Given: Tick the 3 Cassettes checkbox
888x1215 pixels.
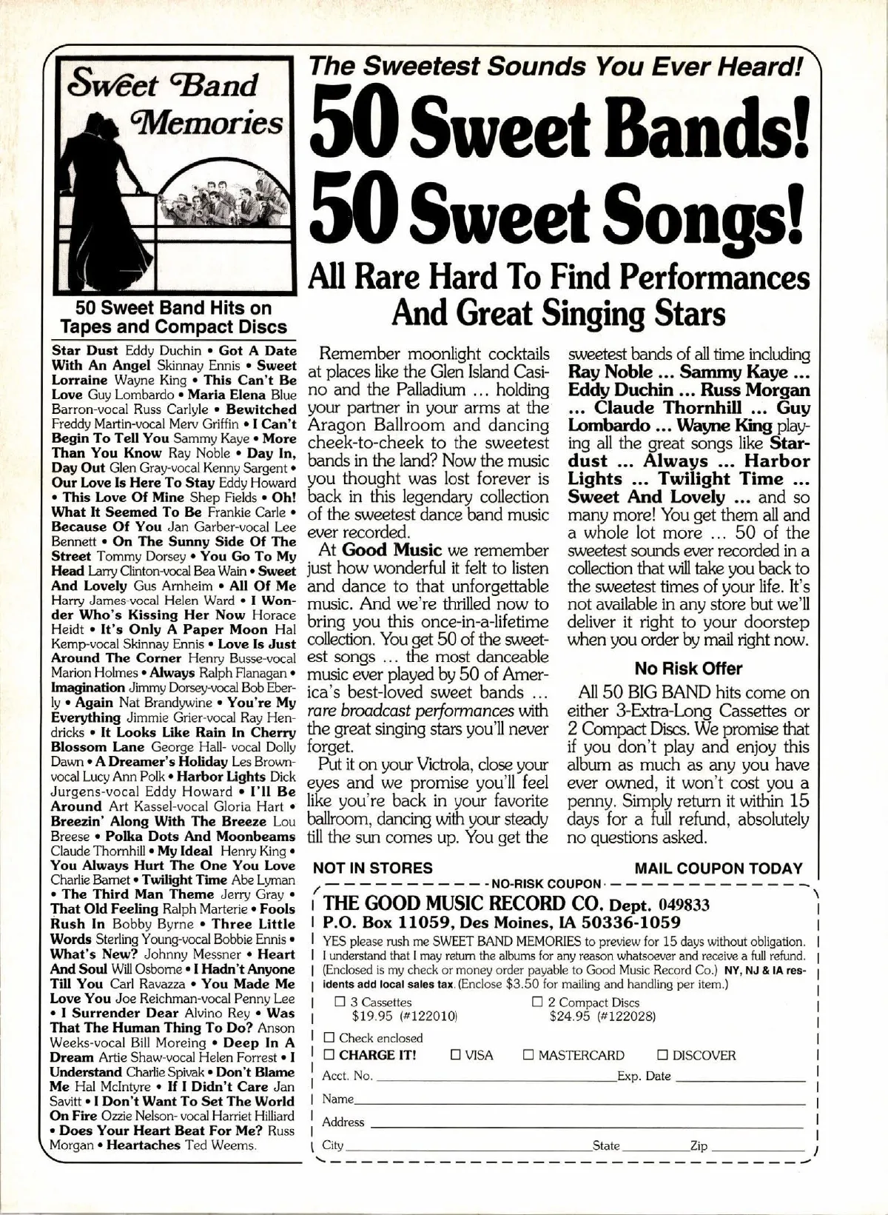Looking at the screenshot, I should pos(341,1003).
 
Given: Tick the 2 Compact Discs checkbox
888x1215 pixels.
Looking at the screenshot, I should pos(538,1003).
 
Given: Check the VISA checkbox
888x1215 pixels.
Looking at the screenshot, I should pos(457,1055).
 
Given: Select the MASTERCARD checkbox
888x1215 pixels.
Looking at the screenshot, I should pos(528,1055).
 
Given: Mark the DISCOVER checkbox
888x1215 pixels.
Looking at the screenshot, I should pos(663,1055).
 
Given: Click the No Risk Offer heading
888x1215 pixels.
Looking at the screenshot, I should pos(688,669).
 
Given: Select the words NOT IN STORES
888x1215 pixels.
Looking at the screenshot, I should pos(373,868).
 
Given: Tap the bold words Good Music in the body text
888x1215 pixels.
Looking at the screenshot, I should pos(391,551).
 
